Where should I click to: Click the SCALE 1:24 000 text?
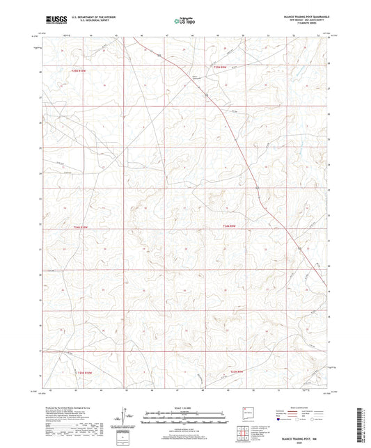pyautogui.click(x=185, y=408)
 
